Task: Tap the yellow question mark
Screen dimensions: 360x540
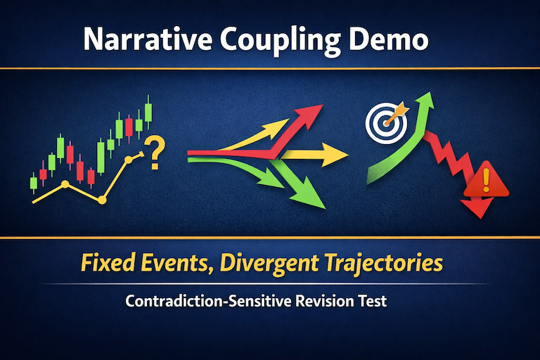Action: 156,152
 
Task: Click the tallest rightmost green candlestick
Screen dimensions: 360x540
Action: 148,112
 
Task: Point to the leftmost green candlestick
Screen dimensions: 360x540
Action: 33,182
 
